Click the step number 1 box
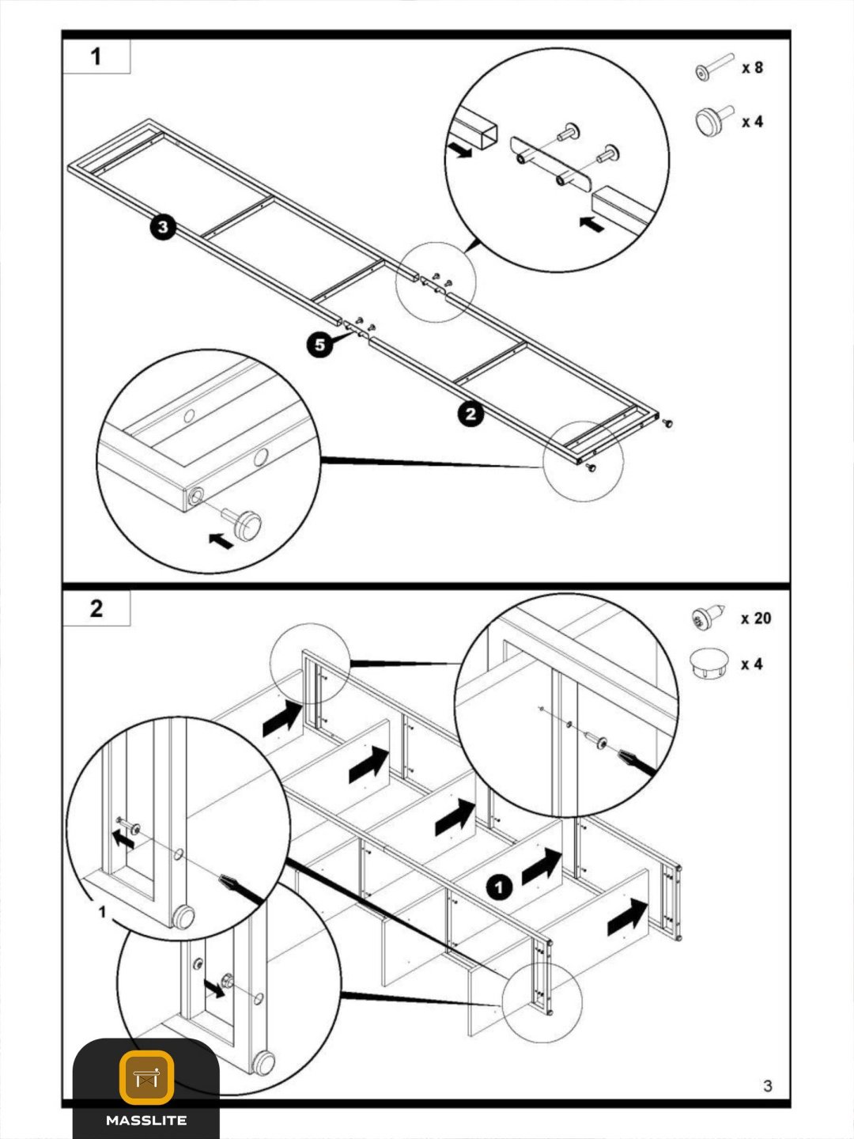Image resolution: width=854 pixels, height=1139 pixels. pyautogui.click(x=96, y=56)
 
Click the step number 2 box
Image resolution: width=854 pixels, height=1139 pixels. pyautogui.click(x=96, y=609)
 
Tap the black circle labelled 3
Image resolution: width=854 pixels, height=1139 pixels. pyautogui.click(x=164, y=227)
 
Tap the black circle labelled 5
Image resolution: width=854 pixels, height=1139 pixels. pyautogui.click(x=319, y=345)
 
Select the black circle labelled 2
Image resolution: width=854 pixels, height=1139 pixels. pyautogui.click(x=470, y=414)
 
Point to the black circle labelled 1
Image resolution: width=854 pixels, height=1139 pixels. pyautogui.click(x=499, y=887)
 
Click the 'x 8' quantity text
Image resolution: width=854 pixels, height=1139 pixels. pyautogui.click(x=752, y=68)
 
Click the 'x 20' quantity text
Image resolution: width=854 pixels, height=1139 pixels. pyautogui.click(x=756, y=619)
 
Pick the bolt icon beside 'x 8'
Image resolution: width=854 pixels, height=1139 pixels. pyautogui.click(x=715, y=66)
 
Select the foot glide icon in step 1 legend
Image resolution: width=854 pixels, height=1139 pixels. pyautogui.click(x=714, y=120)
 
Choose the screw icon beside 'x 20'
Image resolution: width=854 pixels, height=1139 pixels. pyautogui.click(x=707, y=617)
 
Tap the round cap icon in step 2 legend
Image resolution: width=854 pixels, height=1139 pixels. pyautogui.click(x=709, y=663)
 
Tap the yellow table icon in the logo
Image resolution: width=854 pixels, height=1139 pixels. pyautogui.click(x=146, y=1077)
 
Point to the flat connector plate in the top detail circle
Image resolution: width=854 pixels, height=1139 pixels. pyautogui.click(x=551, y=164)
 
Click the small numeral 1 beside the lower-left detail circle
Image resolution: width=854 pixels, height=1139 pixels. pyautogui.click(x=102, y=912)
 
